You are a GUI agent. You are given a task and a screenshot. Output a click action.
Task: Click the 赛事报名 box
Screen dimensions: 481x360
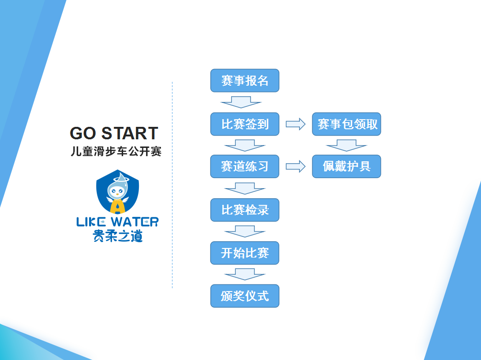(x=245, y=80)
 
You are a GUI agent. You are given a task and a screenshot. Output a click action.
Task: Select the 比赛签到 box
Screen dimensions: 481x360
(x=245, y=124)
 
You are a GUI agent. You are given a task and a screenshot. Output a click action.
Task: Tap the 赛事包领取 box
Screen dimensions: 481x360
(x=347, y=124)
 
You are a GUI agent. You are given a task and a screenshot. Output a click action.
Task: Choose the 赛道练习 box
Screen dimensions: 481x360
(x=245, y=167)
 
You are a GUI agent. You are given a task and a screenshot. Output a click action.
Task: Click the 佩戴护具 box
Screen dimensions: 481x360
(x=347, y=167)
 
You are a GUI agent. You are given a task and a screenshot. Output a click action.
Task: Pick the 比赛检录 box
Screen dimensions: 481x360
(x=245, y=210)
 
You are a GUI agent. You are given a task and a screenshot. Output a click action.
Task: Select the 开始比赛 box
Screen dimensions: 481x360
(x=245, y=253)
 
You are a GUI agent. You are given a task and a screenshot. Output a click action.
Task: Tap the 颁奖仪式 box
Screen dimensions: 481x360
(x=245, y=296)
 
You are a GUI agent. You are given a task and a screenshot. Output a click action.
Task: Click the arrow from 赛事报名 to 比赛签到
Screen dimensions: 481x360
(x=241, y=102)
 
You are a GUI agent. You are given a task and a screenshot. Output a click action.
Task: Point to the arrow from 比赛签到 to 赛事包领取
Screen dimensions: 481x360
(x=296, y=124)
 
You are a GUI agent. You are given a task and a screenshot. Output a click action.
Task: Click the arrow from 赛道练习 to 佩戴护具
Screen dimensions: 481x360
(x=296, y=167)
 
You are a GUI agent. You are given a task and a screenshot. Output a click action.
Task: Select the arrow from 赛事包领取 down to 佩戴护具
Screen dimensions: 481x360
(x=347, y=146)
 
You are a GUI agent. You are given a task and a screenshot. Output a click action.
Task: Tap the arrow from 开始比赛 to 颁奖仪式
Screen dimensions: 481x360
(x=245, y=274)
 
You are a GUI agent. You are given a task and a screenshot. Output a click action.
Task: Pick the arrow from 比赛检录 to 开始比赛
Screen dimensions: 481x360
(x=245, y=231)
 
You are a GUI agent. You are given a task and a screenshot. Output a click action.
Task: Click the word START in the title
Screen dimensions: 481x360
(x=130, y=134)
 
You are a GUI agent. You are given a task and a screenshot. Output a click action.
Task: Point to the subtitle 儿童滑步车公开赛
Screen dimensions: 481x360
(x=116, y=151)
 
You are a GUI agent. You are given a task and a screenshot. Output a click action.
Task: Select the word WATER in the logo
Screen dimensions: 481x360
(x=135, y=222)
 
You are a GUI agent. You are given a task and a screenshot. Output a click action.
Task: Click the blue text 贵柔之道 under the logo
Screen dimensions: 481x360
(x=117, y=236)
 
